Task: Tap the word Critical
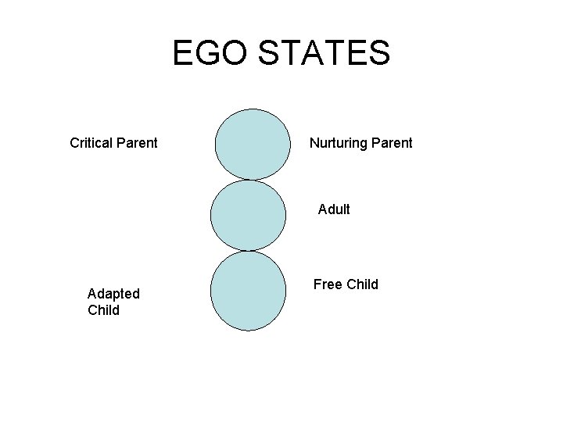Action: pos(91,143)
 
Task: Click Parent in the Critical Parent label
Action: pos(136,143)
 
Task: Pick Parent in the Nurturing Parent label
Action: pos(391,143)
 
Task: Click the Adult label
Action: pos(334,209)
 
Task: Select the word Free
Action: pos(327,284)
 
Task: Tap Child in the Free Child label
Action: pos(361,284)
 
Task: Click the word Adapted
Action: pos(114,294)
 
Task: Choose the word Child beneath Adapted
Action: pos(104,310)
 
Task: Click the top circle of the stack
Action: pos(251,145)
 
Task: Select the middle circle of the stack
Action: pos(248,216)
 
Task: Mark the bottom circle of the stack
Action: pos(249,290)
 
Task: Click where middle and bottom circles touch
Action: pos(248,251)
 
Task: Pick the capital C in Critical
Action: pos(75,143)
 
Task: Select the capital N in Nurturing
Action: pos(314,143)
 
